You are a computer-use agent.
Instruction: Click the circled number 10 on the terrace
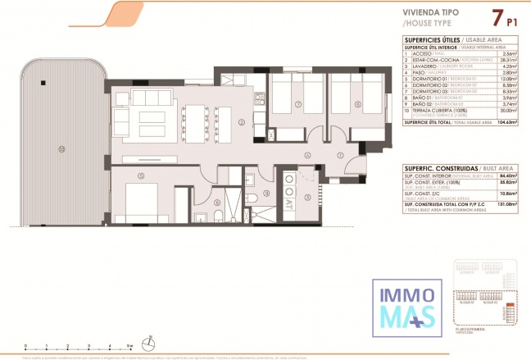(61, 148)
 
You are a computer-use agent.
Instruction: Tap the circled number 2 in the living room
(242, 123)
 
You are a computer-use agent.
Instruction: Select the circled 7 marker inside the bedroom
(297, 105)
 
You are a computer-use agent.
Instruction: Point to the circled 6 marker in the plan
(357, 105)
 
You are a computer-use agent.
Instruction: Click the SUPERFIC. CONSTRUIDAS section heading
(429, 166)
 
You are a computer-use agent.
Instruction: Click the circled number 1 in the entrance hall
(339, 156)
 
